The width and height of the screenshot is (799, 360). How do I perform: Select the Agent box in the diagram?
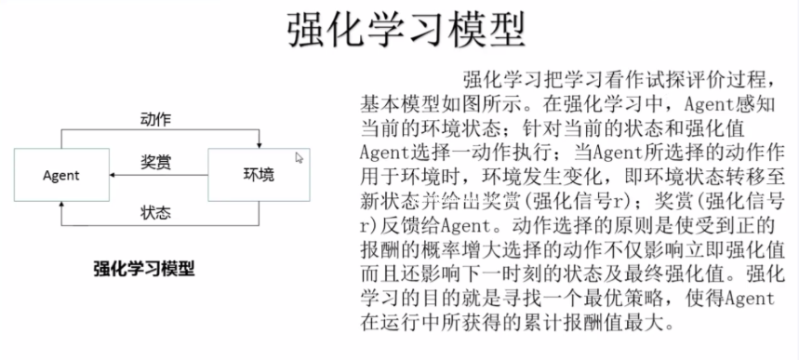(60, 174)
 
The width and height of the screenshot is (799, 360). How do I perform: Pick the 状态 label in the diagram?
(154, 211)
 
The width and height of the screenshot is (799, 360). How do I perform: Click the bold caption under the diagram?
(143, 269)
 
